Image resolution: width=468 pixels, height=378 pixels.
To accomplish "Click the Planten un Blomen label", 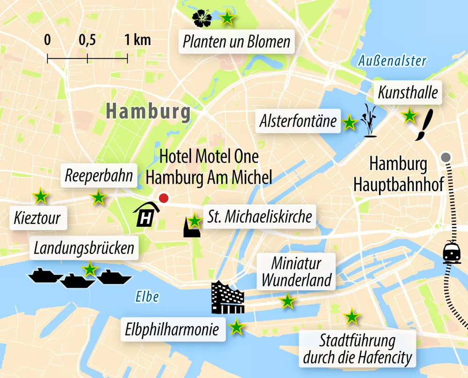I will point(236,42).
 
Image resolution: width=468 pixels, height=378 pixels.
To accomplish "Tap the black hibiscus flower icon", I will point(202,18).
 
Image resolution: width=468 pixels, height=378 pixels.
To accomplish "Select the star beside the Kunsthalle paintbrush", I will point(409,115).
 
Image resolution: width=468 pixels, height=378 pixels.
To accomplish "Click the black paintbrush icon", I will point(424,126).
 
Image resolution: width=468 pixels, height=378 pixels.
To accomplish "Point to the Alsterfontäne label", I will point(298,121).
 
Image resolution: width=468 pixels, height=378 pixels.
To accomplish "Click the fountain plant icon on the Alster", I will point(369,121).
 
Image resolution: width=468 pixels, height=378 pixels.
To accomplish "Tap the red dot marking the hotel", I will point(163,198).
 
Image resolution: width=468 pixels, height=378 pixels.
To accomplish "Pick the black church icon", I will point(191,228).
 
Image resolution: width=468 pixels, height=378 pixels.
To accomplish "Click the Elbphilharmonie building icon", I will point(228,298).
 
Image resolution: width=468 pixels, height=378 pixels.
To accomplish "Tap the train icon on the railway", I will point(452,252).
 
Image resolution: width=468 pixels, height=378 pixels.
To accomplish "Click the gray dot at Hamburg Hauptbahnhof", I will point(446,157).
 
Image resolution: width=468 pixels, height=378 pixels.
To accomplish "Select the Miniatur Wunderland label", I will point(296,272).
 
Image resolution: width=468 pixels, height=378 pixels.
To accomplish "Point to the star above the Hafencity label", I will point(351,317).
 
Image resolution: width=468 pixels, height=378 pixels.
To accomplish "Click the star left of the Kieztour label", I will point(41,197).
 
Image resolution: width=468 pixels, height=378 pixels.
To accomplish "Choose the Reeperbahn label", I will point(99,176).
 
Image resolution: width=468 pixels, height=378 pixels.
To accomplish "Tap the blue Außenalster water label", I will point(392,61).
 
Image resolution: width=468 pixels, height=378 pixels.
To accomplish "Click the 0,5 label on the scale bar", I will point(87,40).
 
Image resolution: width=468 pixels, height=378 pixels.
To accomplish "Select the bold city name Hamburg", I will point(148,111).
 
